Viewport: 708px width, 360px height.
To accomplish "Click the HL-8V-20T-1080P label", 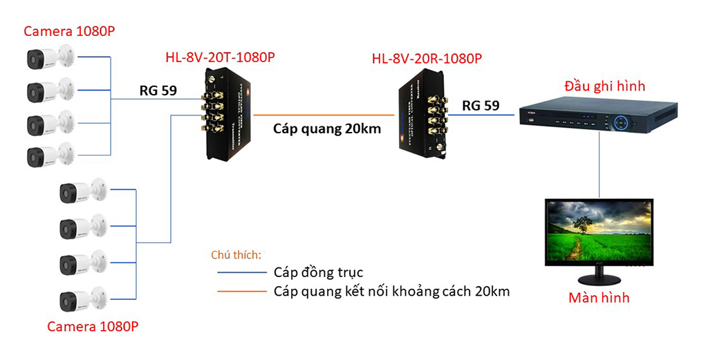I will click(x=220, y=57).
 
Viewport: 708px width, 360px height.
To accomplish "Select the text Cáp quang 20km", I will click(x=327, y=129).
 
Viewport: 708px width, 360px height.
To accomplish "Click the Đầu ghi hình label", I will click(x=604, y=86).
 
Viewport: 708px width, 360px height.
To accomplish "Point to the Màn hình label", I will click(x=599, y=299).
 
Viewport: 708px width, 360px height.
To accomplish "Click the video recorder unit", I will click(x=599, y=118).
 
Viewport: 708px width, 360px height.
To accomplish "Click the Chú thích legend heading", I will click(x=235, y=254).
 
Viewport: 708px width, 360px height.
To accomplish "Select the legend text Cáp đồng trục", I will click(x=318, y=272).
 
